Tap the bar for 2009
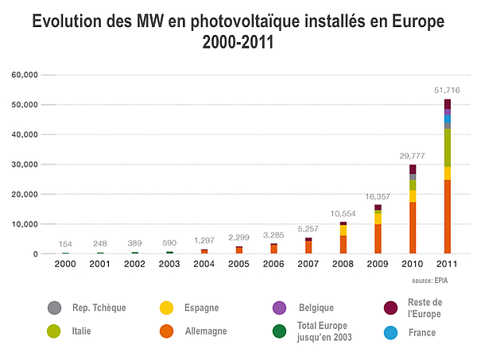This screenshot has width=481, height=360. click(x=378, y=229)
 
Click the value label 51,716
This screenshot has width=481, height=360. click(x=448, y=91)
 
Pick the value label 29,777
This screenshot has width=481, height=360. click(x=413, y=156)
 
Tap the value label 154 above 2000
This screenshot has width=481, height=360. click(x=66, y=244)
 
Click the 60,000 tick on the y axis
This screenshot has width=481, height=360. click(x=25, y=75)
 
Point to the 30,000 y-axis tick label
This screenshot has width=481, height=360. click(x=25, y=165)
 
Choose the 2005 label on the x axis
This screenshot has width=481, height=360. click(x=239, y=265)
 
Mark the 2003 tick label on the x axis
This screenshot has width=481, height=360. click(x=169, y=265)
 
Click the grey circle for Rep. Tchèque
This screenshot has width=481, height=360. click(x=55, y=308)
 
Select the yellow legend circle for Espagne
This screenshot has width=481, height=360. click(x=167, y=308)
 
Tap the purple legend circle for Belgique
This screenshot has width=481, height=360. click(x=279, y=308)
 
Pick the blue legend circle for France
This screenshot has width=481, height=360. click(x=390, y=332)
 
